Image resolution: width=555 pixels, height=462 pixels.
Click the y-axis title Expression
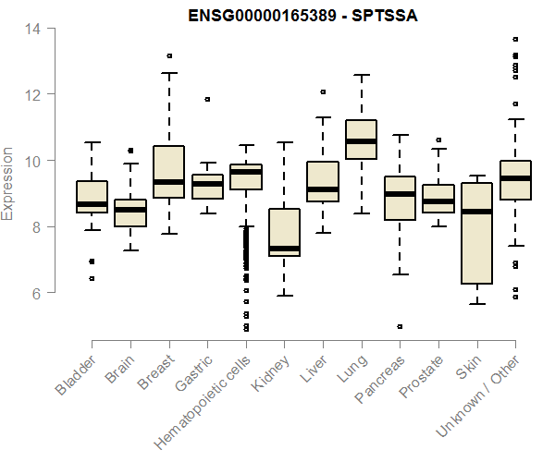[9, 183]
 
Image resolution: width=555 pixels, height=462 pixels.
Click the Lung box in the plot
[361, 140]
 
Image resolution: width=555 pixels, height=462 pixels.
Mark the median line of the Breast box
[168, 182]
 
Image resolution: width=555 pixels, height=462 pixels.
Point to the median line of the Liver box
[323, 189]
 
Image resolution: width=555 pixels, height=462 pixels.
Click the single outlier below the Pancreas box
[400, 326]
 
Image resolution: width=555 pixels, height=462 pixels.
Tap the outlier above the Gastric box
[207, 99]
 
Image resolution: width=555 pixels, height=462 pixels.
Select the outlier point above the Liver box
[323, 92]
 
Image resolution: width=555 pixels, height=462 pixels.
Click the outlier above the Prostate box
[438, 140]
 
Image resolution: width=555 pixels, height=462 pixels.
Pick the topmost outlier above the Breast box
[168, 56]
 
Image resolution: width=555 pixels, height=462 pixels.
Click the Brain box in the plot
[130, 213]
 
